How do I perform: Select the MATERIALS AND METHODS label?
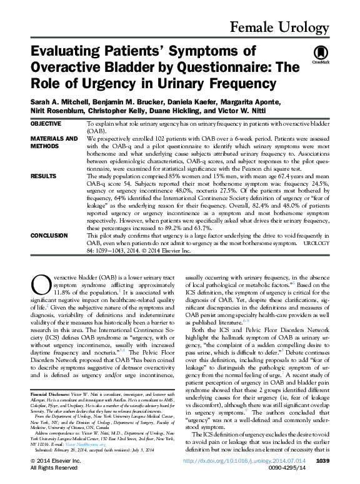(54, 141)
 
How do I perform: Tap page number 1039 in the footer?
(322, 461)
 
